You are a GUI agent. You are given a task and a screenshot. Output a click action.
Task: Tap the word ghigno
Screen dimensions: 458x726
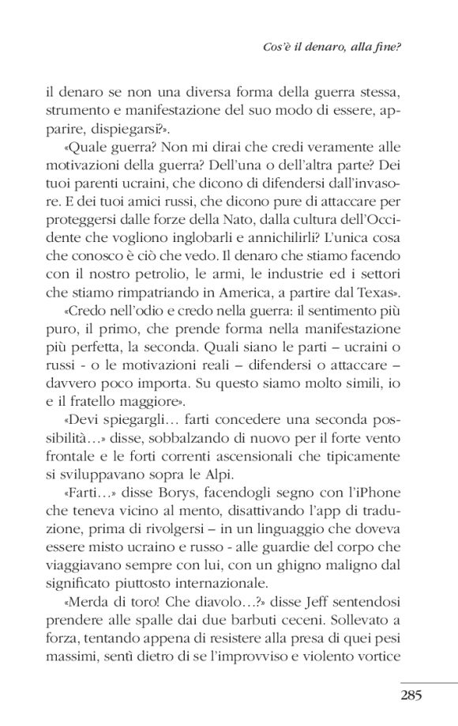tap(310, 546)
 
